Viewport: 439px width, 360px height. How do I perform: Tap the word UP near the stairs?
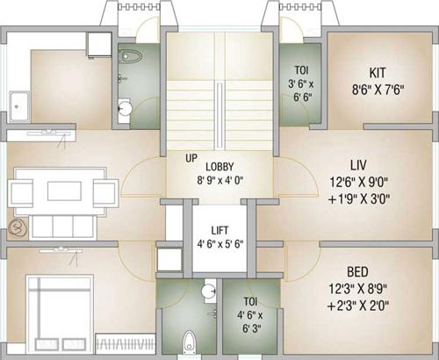tap(191, 158)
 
